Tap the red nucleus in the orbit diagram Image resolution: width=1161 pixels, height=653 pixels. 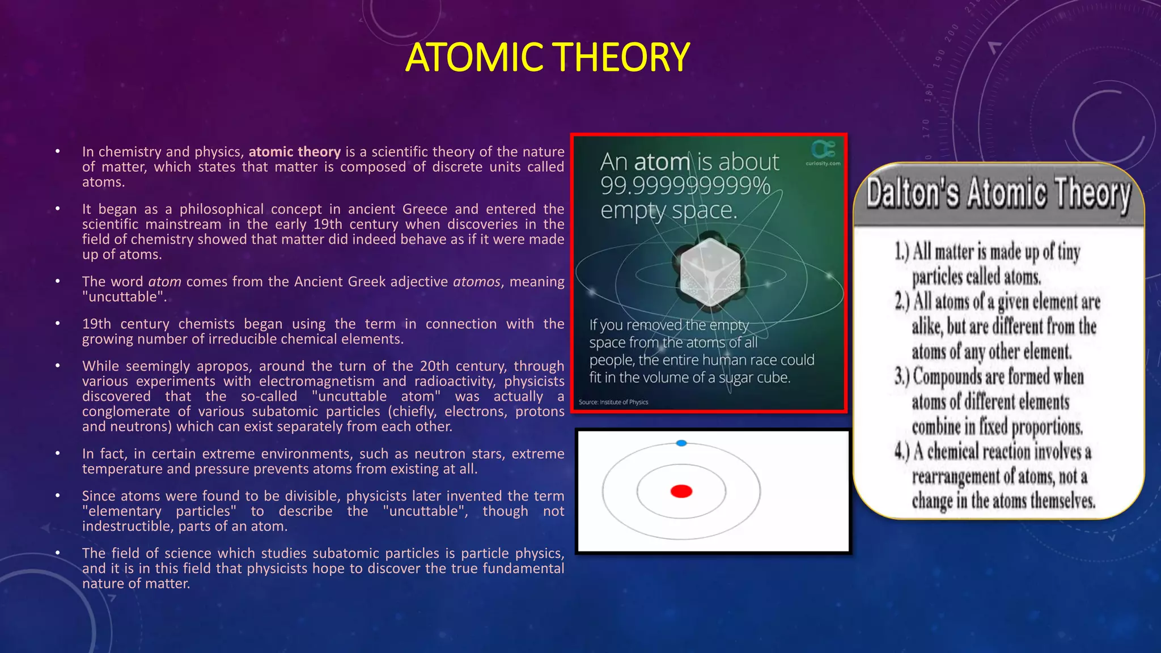click(x=681, y=491)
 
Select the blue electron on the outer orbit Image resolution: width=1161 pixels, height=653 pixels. click(x=681, y=443)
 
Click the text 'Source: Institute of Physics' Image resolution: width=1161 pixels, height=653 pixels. click(x=613, y=402)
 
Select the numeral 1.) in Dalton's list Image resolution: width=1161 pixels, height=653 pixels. click(x=902, y=251)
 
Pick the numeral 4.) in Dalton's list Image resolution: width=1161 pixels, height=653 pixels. click(x=902, y=452)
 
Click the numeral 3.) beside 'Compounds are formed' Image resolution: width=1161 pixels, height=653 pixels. click(x=902, y=376)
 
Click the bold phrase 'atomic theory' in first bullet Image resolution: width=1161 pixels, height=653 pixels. click(x=294, y=152)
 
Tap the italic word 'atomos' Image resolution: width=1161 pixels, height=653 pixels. click(x=476, y=282)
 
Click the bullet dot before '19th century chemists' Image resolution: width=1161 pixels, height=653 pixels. click(x=58, y=324)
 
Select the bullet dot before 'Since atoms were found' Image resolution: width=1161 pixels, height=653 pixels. click(x=58, y=496)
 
